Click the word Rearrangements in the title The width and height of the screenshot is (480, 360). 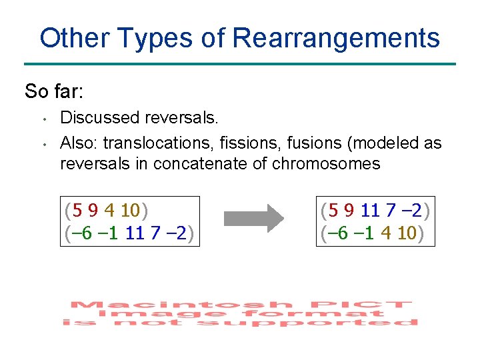(337, 38)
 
